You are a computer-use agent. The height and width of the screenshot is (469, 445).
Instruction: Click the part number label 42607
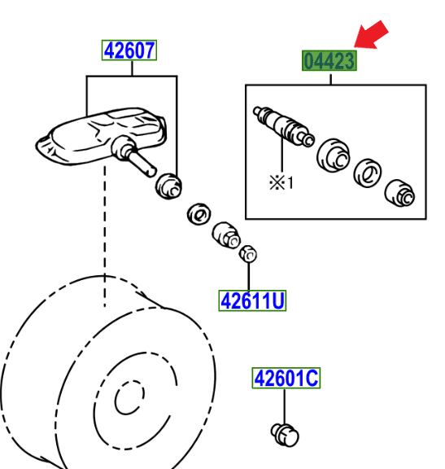pyautogui.click(x=129, y=51)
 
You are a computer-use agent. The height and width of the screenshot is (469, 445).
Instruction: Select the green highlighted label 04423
pyautogui.click(x=329, y=61)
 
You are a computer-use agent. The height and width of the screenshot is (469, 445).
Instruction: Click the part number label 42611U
pyautogui.click(x=252, y=302)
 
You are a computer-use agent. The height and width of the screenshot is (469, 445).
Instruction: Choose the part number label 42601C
pyautogui.click(x=286, y=379)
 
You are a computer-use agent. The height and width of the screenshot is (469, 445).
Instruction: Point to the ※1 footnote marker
pyautogui.click(x=281, y=182)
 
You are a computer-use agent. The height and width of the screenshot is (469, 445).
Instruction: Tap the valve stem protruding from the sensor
pyautogui.click(x=140, y=160)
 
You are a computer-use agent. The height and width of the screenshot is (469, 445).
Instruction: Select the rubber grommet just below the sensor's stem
pyautogui.click(x=168, y=185)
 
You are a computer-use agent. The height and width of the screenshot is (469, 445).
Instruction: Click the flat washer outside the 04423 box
pyautogui.click(x=198, y=214)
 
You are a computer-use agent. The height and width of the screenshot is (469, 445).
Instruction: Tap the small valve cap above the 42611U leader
pyautogui.click(x=248, y=256)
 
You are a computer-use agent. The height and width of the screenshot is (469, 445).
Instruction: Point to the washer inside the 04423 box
pyautogui.click(x=366, y=172)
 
